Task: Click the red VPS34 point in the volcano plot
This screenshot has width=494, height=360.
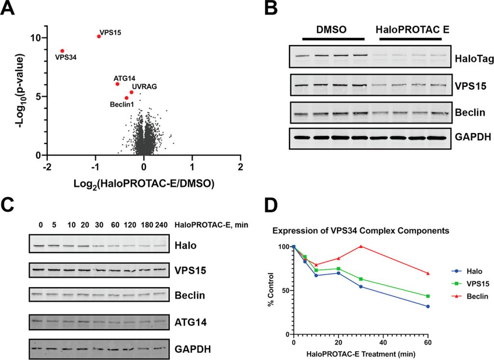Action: coord(62,51)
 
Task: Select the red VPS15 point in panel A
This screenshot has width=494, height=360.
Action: coord(99,36)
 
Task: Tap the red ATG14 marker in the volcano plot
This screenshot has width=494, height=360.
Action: coord(117,84)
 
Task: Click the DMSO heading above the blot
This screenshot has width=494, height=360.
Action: coord(333,29)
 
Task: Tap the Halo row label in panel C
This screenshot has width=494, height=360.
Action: coord(184,245)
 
